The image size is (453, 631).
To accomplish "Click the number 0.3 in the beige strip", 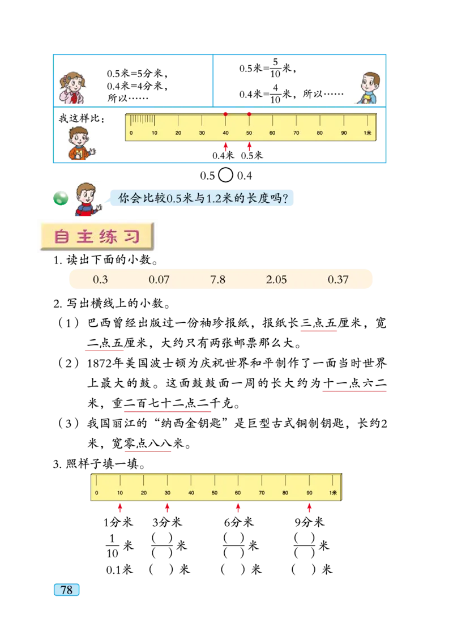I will (x=100, y=280).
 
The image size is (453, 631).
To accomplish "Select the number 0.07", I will (x=159, y=280).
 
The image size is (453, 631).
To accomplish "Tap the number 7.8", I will (x=218, y=280).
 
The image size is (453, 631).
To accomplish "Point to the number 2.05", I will (x=276, y=280).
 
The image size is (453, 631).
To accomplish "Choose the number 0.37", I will (x=338, y=280).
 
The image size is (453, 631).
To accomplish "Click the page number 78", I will (x=66, y=590).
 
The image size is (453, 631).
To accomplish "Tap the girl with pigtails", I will (x=72, y=86).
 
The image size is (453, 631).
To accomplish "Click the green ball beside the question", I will (x=59, y=198).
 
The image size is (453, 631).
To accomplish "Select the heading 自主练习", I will (x=97, y=237).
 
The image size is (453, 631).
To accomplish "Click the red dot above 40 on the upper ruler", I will (x=225, y=114).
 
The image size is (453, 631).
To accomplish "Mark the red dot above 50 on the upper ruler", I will (x=249, y=114).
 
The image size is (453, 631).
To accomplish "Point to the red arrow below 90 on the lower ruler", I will (x=309, y=509).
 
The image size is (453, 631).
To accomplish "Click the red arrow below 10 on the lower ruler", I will (x=119, y=509).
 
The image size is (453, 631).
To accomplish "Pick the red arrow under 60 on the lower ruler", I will (x=238, y=509).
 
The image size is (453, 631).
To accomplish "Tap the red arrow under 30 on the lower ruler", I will (x=167, y=509).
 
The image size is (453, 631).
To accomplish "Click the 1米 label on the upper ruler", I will (x=367, y=133).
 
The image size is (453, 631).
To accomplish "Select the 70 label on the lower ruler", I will (x=262, y=493).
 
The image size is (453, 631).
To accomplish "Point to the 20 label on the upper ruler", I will (x=178, y=133).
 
